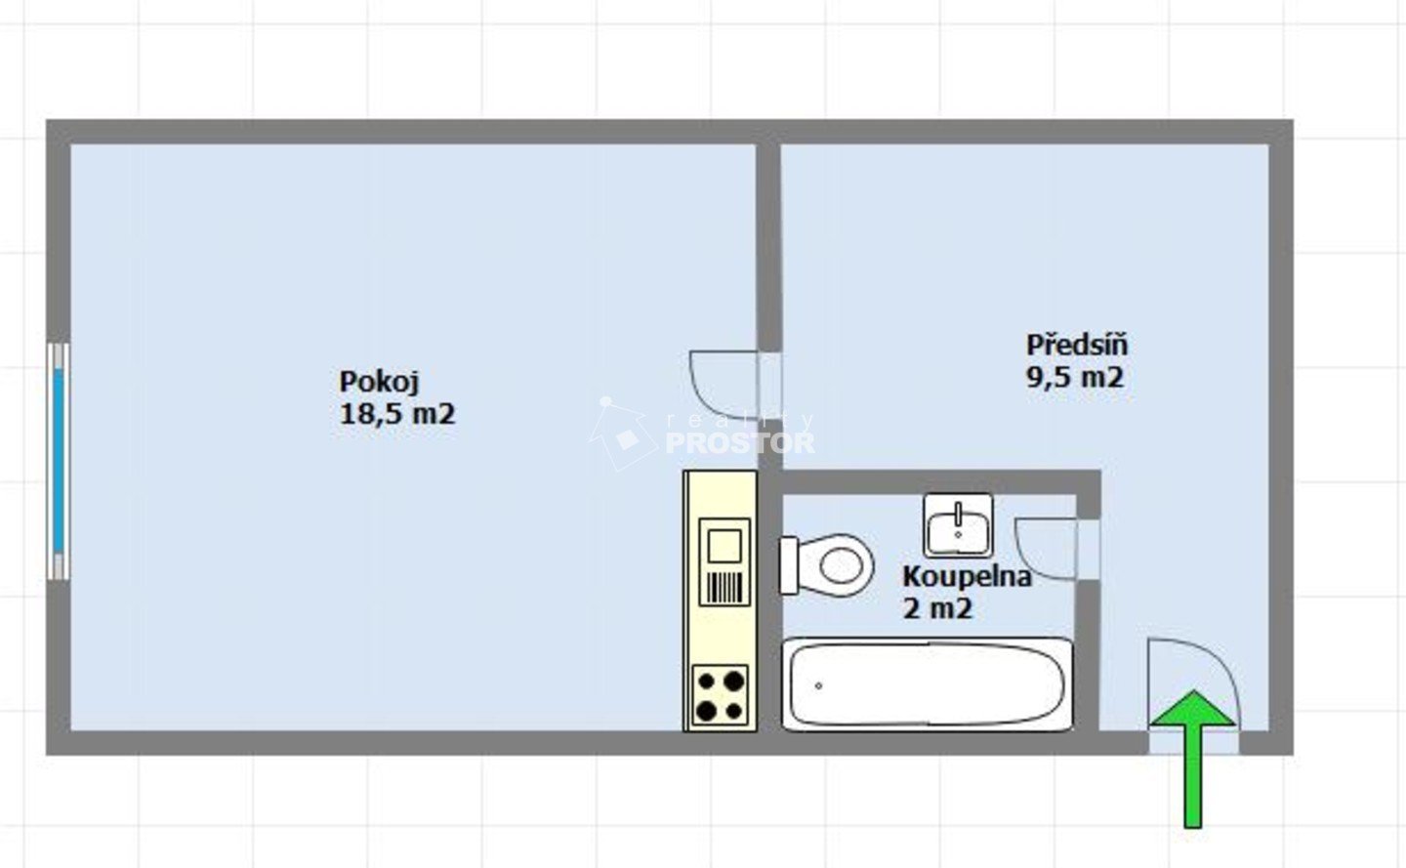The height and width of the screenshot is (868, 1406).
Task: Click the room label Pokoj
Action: [x=379, y=382]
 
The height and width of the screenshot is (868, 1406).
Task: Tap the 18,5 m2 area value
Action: [x=396, y=414]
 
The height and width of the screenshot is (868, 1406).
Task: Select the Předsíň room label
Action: [x=1076, y=345]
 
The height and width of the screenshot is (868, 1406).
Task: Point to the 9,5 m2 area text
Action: [x=1075, y=377]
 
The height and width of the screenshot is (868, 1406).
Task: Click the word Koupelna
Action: [x=967, y=577]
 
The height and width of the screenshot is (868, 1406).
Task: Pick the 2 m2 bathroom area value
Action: [x=937, y=608]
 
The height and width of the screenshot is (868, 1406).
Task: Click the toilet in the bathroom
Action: [x=826, y=565]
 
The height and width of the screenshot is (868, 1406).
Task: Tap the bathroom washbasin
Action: [x=958, y=525]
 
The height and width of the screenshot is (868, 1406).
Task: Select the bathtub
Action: [x=928, y=684]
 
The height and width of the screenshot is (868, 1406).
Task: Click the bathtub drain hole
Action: [x=818, y=686]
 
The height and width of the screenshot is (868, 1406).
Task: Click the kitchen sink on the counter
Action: [x=724, y=561]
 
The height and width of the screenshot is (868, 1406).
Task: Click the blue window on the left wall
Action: [x=59, y=461]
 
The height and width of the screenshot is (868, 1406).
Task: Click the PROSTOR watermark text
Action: [x=740, y=442]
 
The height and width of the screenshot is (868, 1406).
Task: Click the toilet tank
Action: [x=788, y=565]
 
